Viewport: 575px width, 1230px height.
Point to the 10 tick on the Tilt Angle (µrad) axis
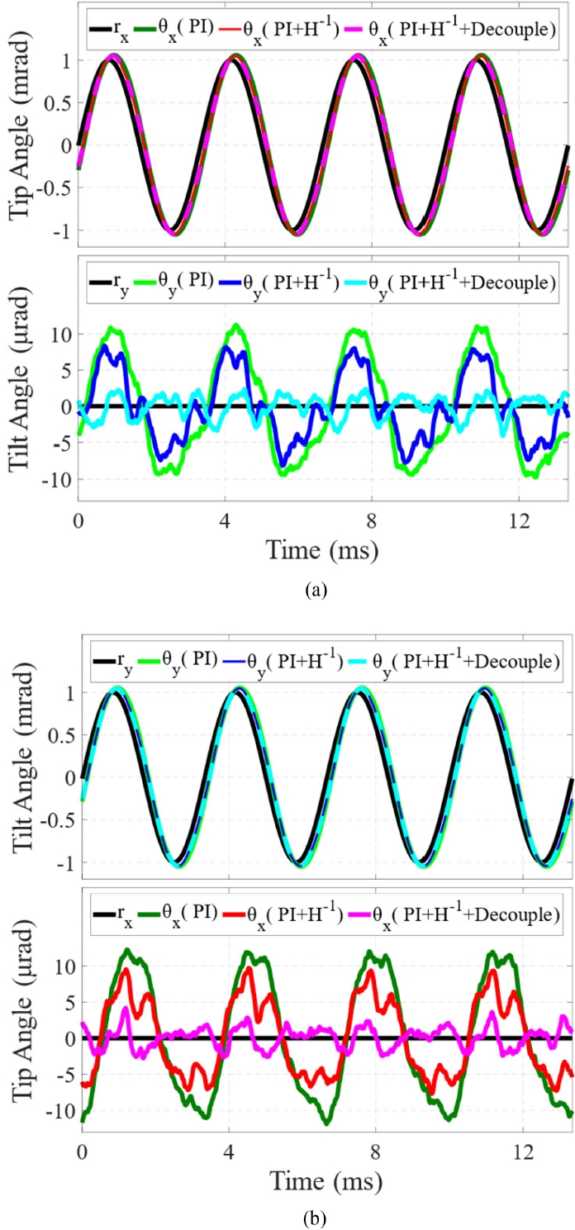click(x=61, y=334)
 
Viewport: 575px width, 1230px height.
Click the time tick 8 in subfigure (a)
click(x=371, y=521)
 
